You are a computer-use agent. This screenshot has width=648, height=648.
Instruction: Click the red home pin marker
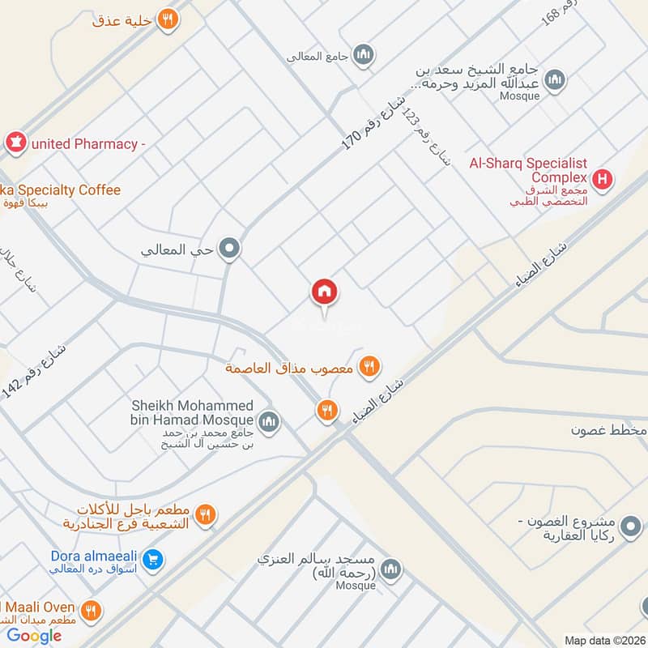(x=325, y=292)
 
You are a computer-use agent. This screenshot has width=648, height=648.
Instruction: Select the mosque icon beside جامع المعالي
(x=364, y=55)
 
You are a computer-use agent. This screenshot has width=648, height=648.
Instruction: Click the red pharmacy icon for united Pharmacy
(x=15, y=143)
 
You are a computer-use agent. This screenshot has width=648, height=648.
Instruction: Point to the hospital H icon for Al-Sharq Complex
(x=602, y=179)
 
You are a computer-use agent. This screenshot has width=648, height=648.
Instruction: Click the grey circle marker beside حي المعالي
(x=230, y=249)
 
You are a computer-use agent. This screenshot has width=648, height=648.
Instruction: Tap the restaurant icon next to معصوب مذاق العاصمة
(x=369, y=367)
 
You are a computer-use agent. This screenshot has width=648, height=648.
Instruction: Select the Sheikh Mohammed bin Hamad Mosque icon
(x=269, y=421)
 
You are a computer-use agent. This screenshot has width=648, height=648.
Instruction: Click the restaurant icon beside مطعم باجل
(x=206, y=514)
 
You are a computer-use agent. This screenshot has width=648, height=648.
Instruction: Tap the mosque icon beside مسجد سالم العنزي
(x=392, y=568)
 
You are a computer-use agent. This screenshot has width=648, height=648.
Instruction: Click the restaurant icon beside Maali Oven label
(x=91, y=610)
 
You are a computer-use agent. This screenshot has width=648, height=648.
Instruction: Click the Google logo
(x=35, y=636)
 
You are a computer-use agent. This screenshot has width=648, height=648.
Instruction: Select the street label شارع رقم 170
(x=373, y=119)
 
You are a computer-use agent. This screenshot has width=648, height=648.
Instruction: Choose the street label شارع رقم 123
(x=428, y=139)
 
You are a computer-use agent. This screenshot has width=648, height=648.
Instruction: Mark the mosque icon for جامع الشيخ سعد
(x=555, y=79)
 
